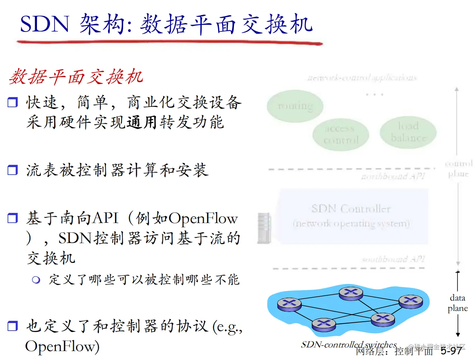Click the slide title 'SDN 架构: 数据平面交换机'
click(166, 24)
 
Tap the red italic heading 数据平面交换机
click(76, 77)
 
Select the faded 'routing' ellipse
click(295, 106)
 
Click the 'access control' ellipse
click(340, 134)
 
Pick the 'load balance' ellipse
click(408, 132)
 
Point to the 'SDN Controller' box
click(352, 216)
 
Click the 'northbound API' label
click(393, 176)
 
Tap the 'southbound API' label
click(393, 259)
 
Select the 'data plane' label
click(457, 303)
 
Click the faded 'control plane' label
click(458, 169)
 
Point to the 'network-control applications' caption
click(362, 77)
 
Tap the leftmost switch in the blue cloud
click(289, 304)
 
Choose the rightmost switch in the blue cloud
click(411, 301)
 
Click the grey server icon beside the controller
click(264, 228)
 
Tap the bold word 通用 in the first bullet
click(142, 122)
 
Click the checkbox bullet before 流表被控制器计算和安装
click(13, 170)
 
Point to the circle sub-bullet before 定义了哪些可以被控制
click(36, 280)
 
